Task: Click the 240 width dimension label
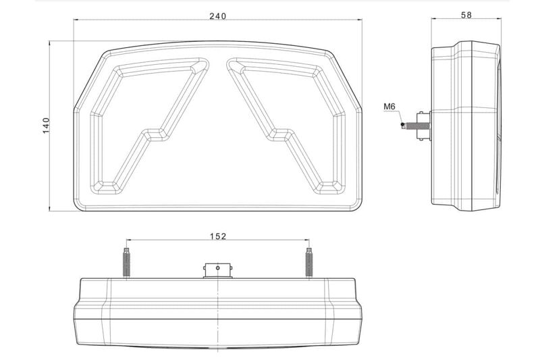(x=218, y=16)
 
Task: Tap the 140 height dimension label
(x=46, y=126)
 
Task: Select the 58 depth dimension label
(x=466, y=15)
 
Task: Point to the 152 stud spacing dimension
(x=218, y=236)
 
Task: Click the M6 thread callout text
(x=389, y=107)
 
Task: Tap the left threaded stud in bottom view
(x=126, y=263)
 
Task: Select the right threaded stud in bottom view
(x=309, y=263)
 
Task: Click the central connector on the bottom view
(x=217, y=271)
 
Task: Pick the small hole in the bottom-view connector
(x=217, y=267)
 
